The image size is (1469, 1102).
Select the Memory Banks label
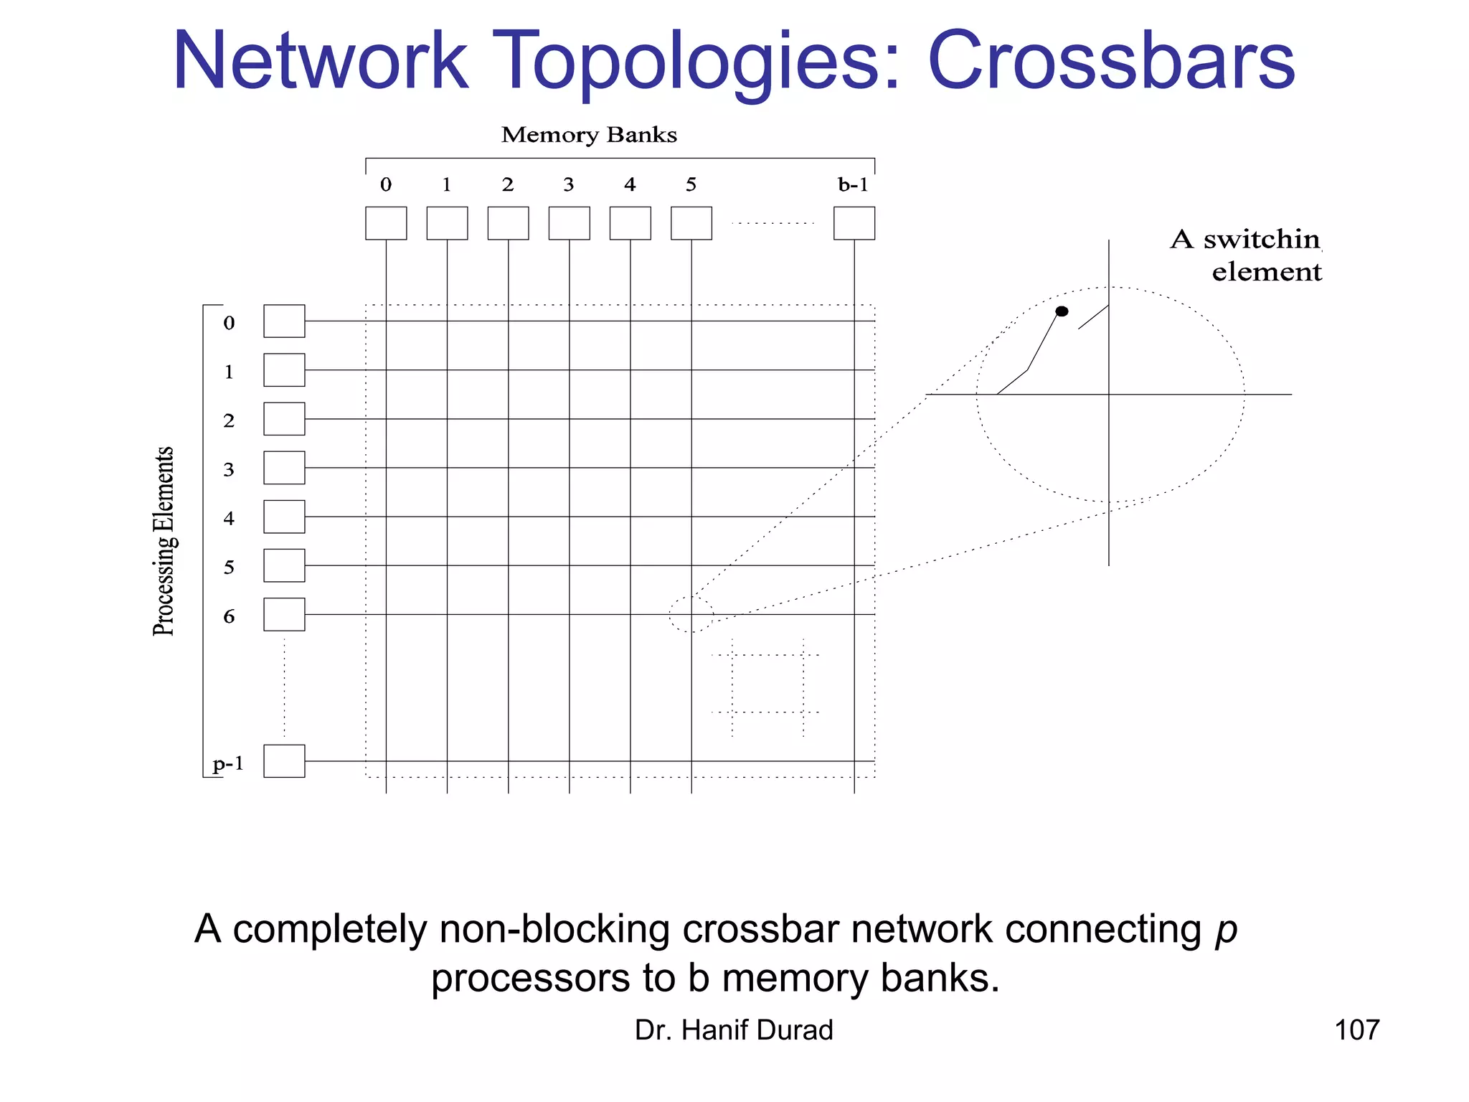pyautogui.click(x=589, y=135)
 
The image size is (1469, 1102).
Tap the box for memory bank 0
pyautogui.click(x=386, y=223)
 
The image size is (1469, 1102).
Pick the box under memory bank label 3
pyautogui.click(x=569, y=223)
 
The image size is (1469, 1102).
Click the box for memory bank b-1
pyautogui.click(x=854, y=223)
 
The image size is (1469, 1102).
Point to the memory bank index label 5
pyautogui.click(x=691, y=185)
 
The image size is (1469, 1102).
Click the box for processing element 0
pyautogui.click(x=284, y=321)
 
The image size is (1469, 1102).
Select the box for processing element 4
pyautogui.click(x=284, y=517)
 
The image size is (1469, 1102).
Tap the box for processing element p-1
pyautogui.click(x=284, y=760)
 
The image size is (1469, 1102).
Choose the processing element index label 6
pyautogui.click(x=229, y=616)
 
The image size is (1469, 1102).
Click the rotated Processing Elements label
pyautogui.click(x=164, y=541)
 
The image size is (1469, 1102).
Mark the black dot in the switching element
pyautogui.click(x=1062, y=311)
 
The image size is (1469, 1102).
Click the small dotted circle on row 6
pyautogui.click(x=691, y=614)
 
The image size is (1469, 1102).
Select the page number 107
pyautogui.click(x=1356, y=1030)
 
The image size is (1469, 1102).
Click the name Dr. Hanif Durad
pyautogui.click(x=734, y=1030)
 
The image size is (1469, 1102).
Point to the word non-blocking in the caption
pyautogui.click(x=556, y=929)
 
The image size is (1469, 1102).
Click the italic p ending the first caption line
pyautogui.click(x=1226, y=931)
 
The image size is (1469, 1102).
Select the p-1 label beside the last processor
pyautogui.click(x=229, y=763)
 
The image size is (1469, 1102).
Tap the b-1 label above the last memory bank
pyautogui.click(x=853, y=185)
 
